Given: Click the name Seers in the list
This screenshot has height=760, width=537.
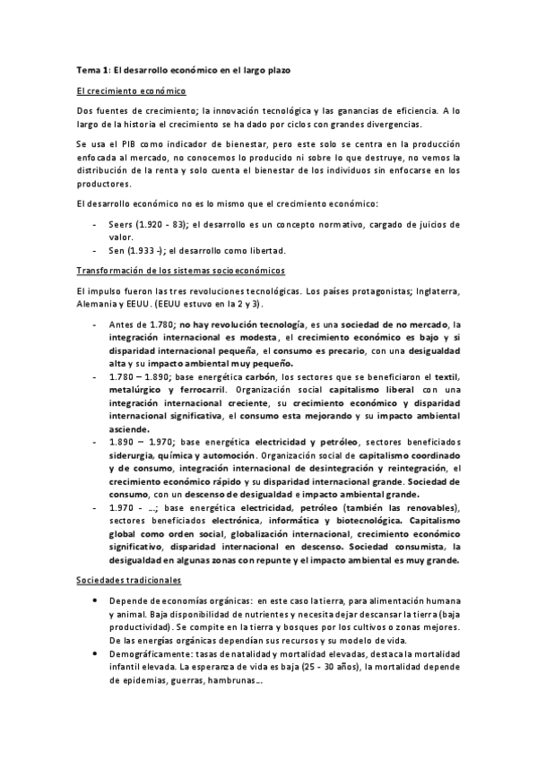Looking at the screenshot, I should click(x=119, y=224).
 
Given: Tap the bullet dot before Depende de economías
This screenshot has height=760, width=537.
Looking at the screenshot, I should click(x=95, y=600).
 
